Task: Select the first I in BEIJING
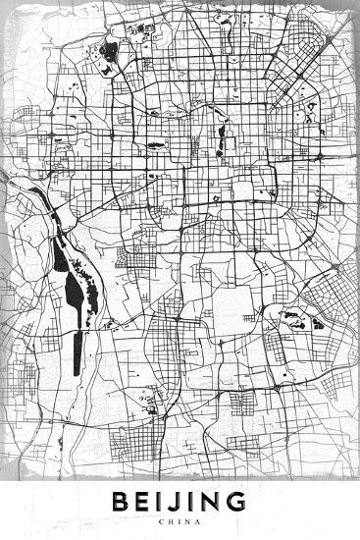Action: point(162,503)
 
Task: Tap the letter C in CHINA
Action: point(161,523)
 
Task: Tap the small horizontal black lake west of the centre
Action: point(155,146)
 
